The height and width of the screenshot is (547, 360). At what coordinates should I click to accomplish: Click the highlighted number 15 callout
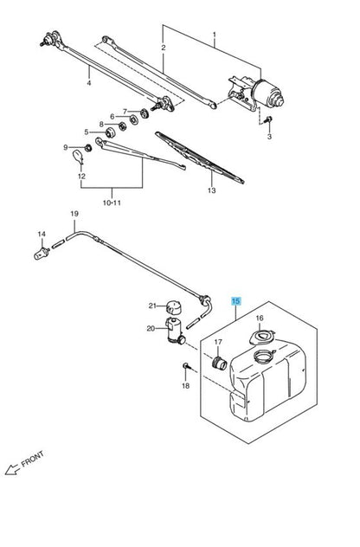[x=235, y=300]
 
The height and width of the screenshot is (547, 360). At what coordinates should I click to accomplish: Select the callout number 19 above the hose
[x=74, y=214]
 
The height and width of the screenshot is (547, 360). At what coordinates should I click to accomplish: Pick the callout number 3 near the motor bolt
[x=268, y=137]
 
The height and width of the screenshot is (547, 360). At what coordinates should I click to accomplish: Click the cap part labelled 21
[x=177, y=308]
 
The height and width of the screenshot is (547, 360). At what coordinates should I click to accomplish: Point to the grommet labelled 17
[x=220, y=361]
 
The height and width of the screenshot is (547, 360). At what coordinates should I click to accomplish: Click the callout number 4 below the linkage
[x=88, y=83]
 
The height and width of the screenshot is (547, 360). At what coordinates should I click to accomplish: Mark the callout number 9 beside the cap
[x=65, y=147]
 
